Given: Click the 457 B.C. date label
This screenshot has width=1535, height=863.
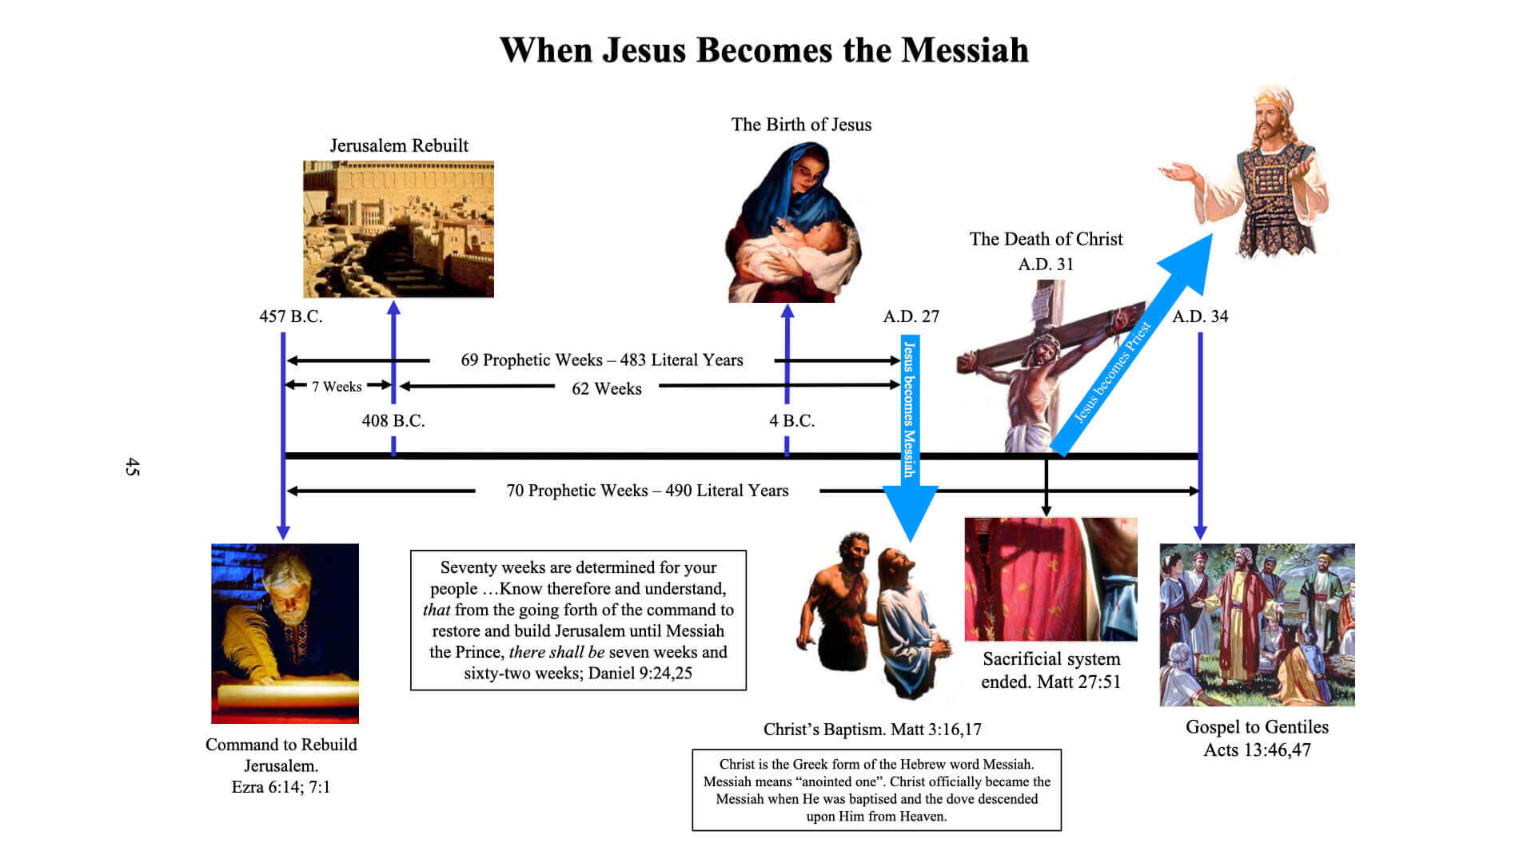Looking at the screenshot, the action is tap(291, 316).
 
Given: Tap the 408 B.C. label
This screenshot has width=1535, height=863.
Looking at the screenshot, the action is tap(393, 420).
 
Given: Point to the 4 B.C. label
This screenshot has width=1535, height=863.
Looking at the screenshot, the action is tap(792, 420).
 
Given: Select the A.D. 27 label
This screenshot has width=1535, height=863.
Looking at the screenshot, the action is tap(911, 316).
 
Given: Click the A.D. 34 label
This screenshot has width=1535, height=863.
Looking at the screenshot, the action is tap(1200, 316).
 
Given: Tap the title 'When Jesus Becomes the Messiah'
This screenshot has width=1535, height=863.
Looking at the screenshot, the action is tap(764, 50).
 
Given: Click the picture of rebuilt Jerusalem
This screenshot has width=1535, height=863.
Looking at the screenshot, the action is tap(398, 229).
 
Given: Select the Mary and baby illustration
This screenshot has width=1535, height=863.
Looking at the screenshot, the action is tap(794, 222).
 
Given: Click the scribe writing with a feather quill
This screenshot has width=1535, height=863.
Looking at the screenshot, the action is tap(285, 634).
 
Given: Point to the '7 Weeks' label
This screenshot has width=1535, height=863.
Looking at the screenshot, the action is tap(337, 387).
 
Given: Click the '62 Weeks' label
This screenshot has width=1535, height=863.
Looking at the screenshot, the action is tap(607, 389).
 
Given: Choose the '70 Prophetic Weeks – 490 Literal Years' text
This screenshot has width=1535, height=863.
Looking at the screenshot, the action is tap(648, 491).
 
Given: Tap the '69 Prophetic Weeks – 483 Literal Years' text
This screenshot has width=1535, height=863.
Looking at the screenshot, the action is tap(602, 360).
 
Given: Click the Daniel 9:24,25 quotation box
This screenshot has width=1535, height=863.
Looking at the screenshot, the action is tap(578, 620).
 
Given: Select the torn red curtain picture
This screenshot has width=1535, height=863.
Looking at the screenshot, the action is tap(1051, 579).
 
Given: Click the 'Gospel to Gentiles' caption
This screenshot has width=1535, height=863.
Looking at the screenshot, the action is tap(1257, 727).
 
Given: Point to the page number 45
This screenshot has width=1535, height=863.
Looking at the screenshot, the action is tap(133, 467).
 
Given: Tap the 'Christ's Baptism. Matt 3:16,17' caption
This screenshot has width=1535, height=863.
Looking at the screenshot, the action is tap(872, 730).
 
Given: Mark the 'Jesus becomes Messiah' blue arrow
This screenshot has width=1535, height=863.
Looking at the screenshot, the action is tap(910, 439).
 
